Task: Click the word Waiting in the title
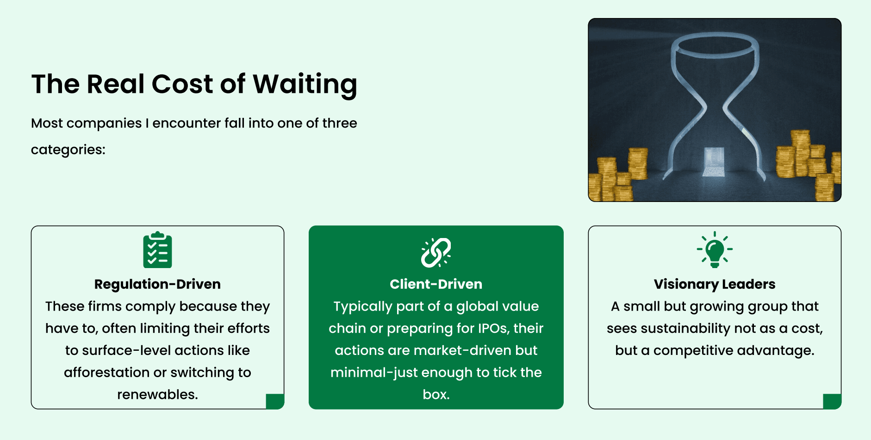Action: [x=305, y=85]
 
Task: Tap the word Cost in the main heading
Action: [x=182, y=84]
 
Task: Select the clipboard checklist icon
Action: [x=157, y=250]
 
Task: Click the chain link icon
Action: [x=436, y=252]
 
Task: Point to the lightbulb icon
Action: [x=715, y=250]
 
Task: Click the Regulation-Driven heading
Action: [x=157, y=284]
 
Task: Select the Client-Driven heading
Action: [x=436, y=284]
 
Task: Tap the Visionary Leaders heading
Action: [x=715, y=284]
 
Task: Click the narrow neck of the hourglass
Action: [x=715, y=109]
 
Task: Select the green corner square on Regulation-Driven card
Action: [x=275, y=401]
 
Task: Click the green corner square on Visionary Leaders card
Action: [x=832, y=401]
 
